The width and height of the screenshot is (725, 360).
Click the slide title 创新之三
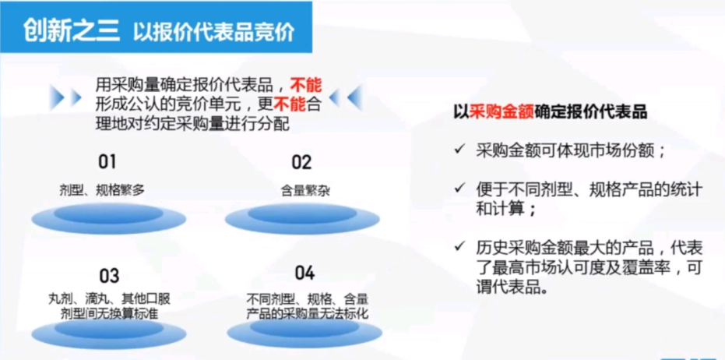[70, 31]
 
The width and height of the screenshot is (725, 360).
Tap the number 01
[106, 162]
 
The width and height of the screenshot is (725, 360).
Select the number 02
[301, 162]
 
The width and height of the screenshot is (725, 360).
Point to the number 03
[109, 275]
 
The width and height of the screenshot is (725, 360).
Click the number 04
[304, 273]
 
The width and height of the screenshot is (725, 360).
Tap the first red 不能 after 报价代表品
[305, 83]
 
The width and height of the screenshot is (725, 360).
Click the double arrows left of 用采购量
[65, 97]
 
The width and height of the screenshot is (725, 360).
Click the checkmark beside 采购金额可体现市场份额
[461, 149]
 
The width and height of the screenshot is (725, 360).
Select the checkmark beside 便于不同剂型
[461, 188]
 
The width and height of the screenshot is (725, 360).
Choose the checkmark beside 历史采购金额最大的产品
[461, 247]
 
